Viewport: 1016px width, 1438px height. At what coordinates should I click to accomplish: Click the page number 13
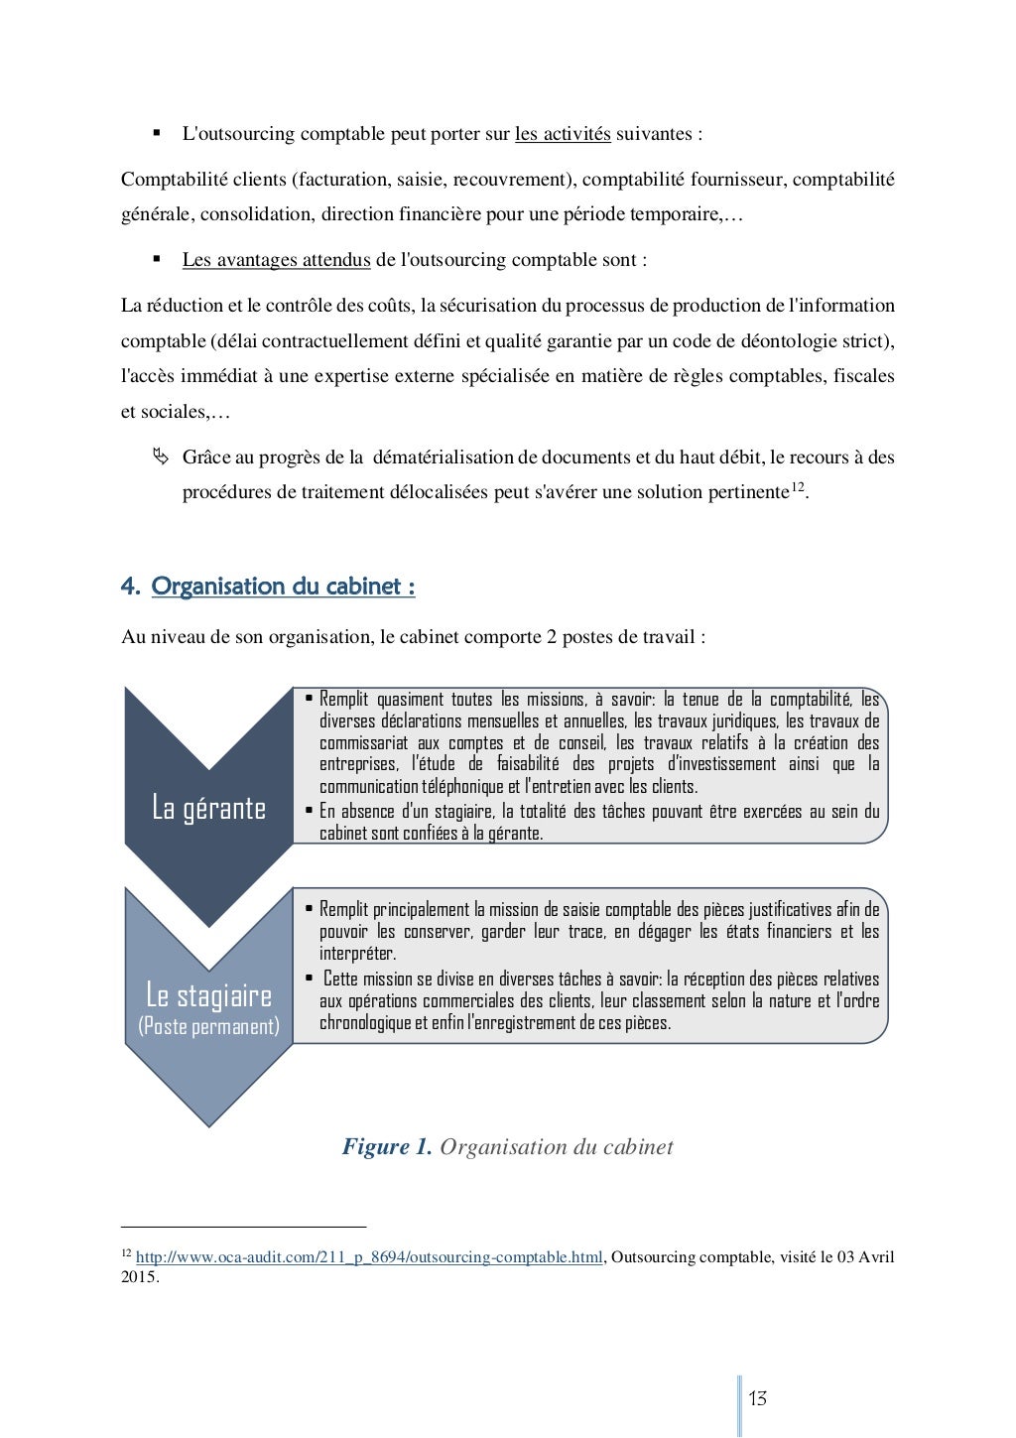point(757,1399)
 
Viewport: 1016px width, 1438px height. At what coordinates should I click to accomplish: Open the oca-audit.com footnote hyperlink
point(369,1257)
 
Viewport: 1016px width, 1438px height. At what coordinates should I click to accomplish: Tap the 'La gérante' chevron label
point(208,808)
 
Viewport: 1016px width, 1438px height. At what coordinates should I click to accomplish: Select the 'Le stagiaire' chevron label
point(208,994)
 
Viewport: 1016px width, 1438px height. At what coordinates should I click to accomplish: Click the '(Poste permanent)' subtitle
point(208,1026)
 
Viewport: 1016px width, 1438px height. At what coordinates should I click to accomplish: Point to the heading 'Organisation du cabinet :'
point(283,587)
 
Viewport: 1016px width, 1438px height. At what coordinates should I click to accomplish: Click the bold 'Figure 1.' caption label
point(387,1147)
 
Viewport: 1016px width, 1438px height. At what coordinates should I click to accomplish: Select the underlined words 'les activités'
point(563,134)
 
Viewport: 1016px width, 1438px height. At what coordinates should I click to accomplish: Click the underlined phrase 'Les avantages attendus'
point(276,260)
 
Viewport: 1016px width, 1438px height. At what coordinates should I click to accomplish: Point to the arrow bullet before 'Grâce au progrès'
point(158,458)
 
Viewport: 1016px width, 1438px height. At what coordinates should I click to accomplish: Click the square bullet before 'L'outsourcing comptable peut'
point(157,133)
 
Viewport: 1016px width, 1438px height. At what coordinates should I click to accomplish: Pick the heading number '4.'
point(130,587)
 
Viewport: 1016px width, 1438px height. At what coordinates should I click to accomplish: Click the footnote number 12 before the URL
point(126,1254)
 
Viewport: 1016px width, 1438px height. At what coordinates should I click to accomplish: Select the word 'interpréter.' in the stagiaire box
point(357,954)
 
